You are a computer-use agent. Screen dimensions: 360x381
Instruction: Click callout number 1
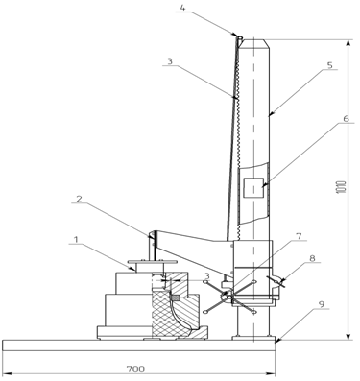[76, 239]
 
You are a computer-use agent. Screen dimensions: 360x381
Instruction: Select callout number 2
[79, 199]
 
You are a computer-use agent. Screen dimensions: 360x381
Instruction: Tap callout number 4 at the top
[182, 8]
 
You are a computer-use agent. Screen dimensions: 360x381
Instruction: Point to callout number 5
[330, 64]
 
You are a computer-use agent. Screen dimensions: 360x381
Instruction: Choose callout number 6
[346, 118]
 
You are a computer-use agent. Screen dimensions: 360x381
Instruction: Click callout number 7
[299, 236]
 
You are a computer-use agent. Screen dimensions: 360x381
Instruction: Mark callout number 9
[322, 304]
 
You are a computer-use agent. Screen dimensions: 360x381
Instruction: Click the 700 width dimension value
[135, 369]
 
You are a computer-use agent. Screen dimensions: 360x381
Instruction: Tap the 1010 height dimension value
[343, 189]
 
